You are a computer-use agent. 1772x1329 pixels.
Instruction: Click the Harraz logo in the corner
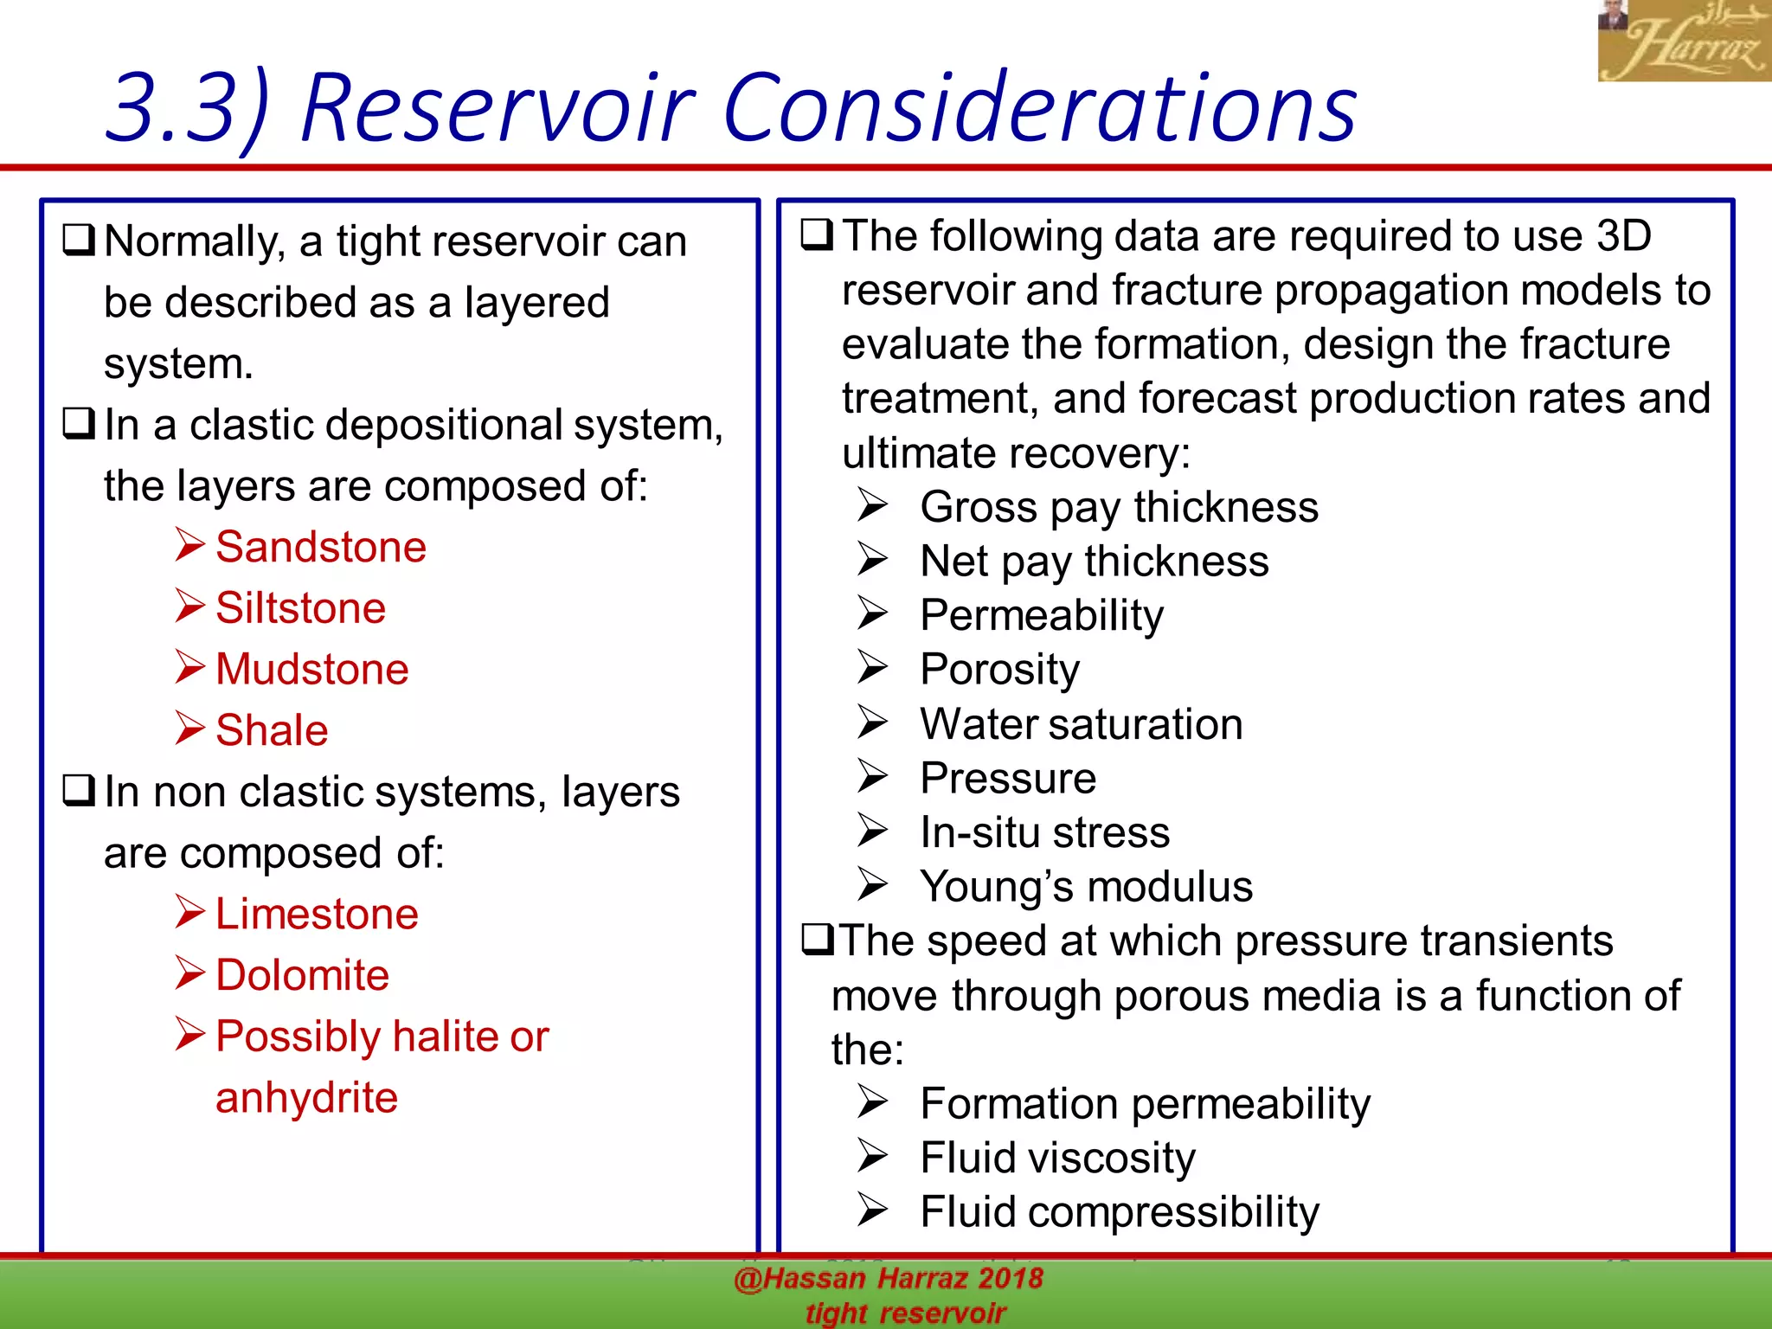coord(1683,42)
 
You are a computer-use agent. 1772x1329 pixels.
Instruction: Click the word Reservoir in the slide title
coord(498,108)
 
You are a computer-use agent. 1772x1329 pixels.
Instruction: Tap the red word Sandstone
coord(321,548)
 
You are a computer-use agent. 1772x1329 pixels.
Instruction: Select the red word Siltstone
coord(300,608)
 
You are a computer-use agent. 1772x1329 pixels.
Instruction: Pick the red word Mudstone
coord(311,670)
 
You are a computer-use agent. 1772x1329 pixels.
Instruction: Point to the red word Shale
coord(272,731)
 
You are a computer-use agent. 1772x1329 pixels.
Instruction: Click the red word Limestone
coord(317,915)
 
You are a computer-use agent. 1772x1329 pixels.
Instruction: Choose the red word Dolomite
coord(302,976)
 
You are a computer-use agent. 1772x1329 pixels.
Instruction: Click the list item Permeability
coord(1042,616)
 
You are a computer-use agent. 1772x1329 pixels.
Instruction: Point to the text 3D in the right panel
coord(1624,236)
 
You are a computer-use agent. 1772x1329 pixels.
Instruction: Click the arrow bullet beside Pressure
coord(872,776)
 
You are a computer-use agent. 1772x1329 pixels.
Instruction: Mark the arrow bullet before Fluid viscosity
coord(872,1156)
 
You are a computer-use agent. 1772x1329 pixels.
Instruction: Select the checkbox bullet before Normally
coord(79,240)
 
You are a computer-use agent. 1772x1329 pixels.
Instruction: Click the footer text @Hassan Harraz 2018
coord(889,1279)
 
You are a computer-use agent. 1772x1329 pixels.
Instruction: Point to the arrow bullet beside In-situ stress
coord(872,831)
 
